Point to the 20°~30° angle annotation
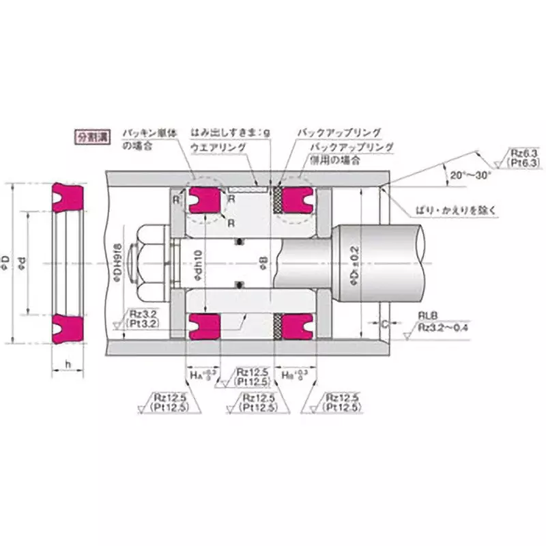[x=470, y=175]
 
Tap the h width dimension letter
[x=69, y=365]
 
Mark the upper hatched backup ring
[x=278, y=199]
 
